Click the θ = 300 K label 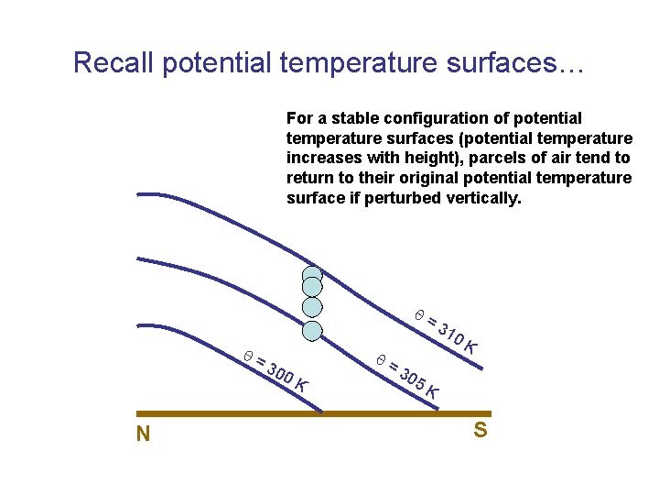click(275, 370)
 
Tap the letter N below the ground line click(143, 434)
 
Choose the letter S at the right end click(480, 429)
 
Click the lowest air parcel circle click(313, 331)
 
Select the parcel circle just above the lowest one click(313, 307)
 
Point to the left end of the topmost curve click(139, 194)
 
